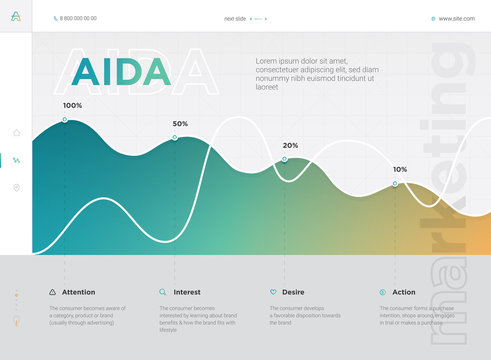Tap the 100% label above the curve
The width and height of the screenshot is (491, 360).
coord(73,105)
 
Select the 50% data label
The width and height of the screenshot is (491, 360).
coord(180,124)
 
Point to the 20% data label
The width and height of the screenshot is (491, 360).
coord(290,145)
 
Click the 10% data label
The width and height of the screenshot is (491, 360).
coord(400,169)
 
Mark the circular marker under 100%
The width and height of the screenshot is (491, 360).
coord(65,119)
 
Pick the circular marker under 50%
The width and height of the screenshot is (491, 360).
coord(174,138)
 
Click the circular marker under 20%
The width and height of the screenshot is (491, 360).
coord(284,159)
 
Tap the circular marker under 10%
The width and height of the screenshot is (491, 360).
coord(394,183)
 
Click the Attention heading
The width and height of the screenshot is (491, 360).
coord(79,292)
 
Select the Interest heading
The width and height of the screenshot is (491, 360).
coord(187,292)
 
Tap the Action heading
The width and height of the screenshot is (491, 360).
coord(404,292)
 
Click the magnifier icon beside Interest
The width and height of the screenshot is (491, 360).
coord(163,292)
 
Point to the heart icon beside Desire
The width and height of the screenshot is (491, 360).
coord(273,292)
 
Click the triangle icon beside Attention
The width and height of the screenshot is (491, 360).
coord(53,292)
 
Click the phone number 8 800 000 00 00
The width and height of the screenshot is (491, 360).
coord(76,18)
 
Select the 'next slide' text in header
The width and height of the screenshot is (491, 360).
coord(235,18)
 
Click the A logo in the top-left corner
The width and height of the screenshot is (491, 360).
coord(16,17)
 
